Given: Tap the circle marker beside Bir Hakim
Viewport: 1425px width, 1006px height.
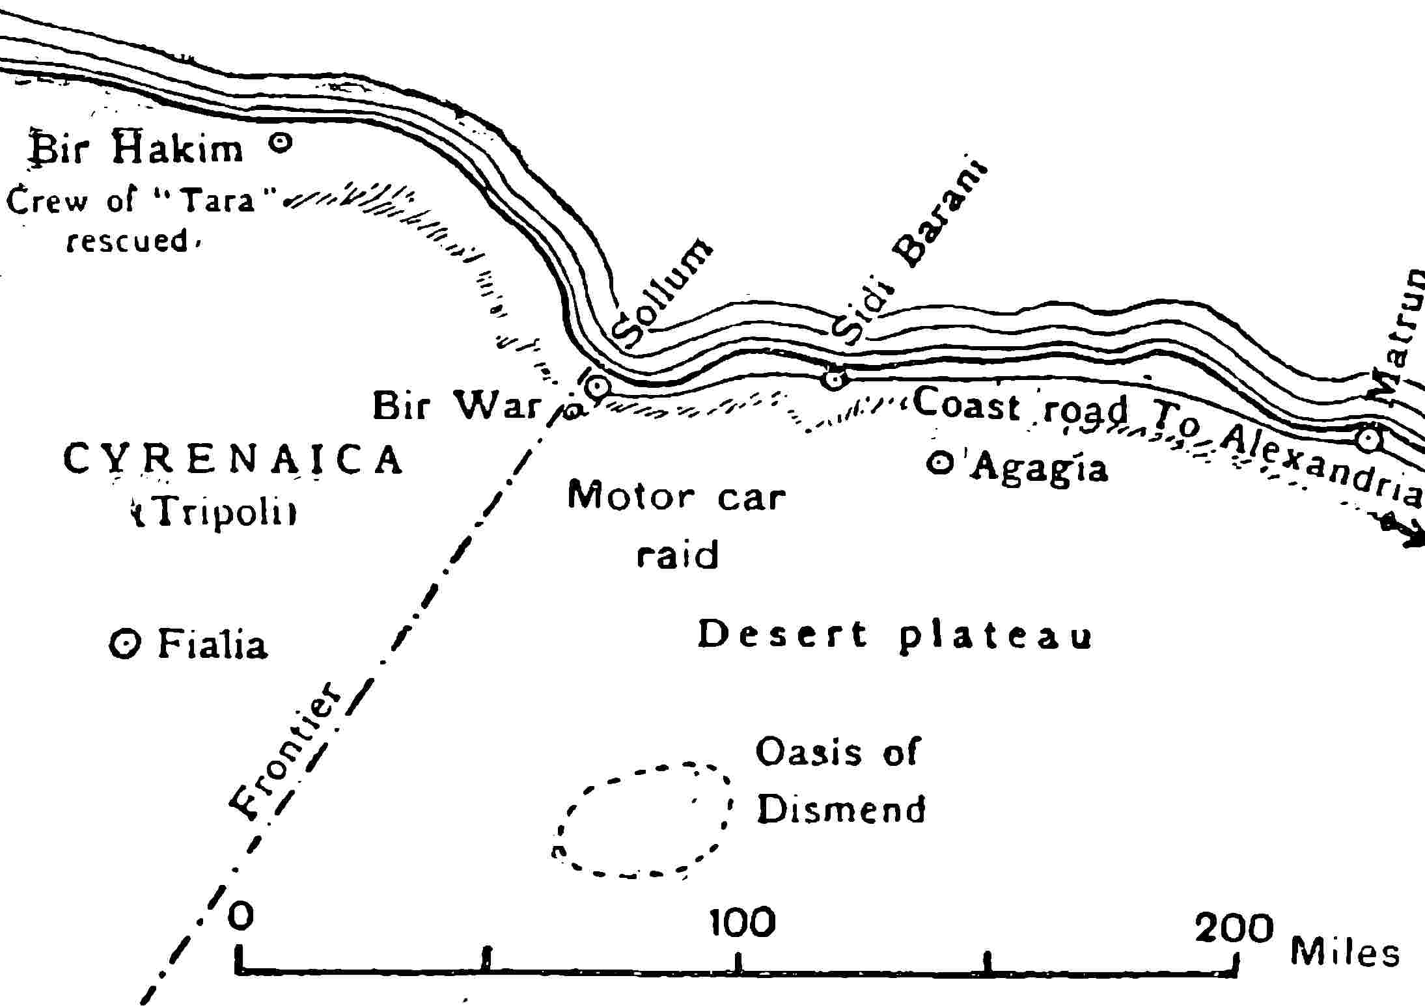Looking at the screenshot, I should coord(281,141).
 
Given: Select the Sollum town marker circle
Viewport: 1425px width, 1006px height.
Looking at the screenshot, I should coord(597,387).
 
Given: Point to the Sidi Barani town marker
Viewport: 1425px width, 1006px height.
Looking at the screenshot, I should coord(834,377).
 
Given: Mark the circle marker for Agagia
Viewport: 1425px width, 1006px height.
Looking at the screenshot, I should coord(939,463).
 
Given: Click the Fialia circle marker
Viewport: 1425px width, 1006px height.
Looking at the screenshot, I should coord(124,644).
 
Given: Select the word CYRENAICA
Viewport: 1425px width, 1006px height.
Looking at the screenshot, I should coord(233,459).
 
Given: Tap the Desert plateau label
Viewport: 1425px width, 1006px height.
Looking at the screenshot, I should coord(894,634).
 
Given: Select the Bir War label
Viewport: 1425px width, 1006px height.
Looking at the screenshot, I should coord(457,405).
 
